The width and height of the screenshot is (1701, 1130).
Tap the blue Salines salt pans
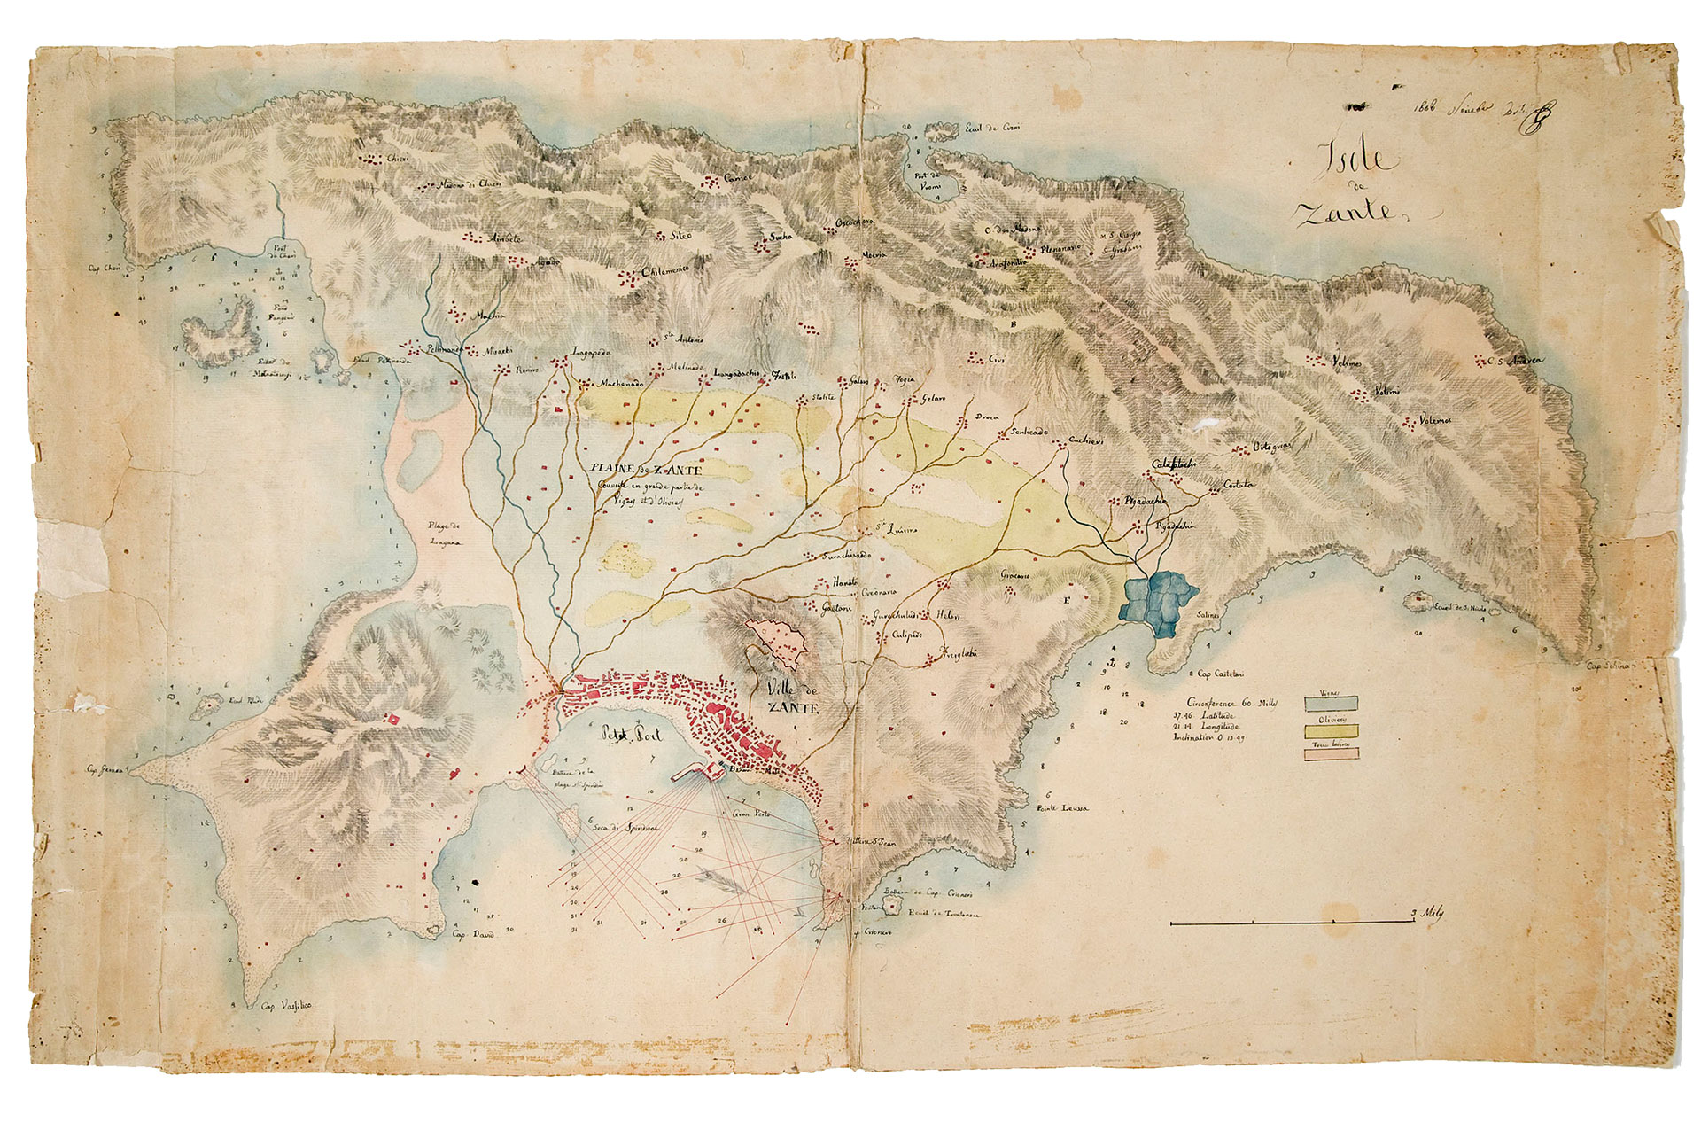point(1160,600)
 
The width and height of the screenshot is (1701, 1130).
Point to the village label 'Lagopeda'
point(593,352)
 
